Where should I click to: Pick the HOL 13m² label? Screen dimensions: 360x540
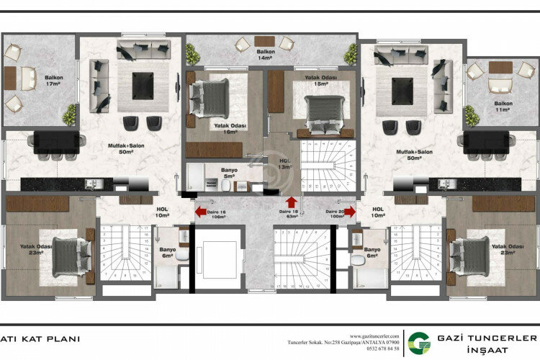(285, 164)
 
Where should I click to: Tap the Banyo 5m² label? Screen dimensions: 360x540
(230, 174)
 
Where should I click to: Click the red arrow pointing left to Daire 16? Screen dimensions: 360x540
(199, 212)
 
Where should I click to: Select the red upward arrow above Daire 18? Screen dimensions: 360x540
(291, 202)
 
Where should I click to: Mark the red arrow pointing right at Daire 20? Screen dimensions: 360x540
(350, 212)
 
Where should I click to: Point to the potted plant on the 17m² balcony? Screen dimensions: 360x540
(70, 114)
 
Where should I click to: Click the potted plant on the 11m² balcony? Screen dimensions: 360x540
(472, 114)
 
